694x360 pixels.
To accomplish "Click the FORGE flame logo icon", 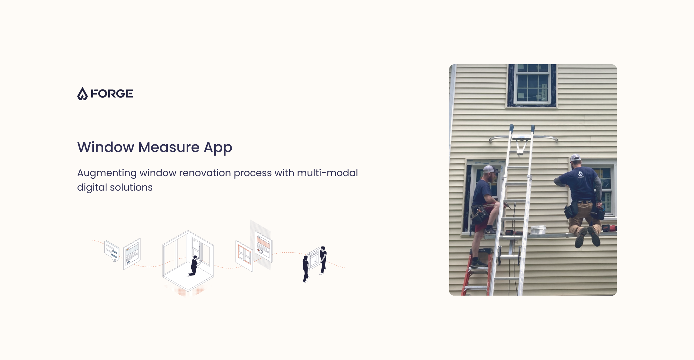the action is point(82,94).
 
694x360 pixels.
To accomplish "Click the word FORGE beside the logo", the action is point(112,94).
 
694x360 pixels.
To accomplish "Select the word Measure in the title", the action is point(169,147).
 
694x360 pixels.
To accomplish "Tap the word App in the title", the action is point(218,148).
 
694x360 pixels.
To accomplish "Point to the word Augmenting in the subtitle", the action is point(107,173).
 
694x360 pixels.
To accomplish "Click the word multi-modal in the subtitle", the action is point(327,173).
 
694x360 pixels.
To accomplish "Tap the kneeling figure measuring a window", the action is point(194,266).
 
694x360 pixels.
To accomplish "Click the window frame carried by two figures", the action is point(315,258).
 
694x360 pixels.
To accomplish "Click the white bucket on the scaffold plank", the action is point(538,230).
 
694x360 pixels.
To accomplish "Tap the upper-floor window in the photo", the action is point(532,85).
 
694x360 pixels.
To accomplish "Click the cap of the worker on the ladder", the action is point(491,169).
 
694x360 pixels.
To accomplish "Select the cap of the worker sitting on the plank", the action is point(575,158).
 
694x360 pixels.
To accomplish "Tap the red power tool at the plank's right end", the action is point(609,228).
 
